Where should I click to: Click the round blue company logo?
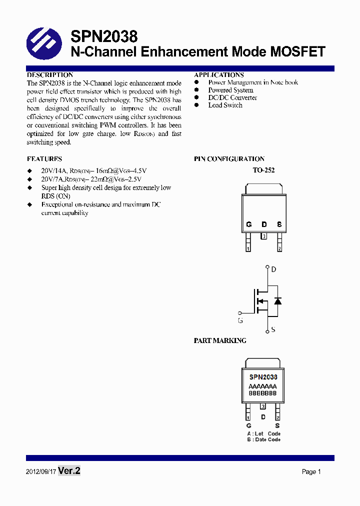click(43, 43)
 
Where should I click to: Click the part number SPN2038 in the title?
click(104, 36)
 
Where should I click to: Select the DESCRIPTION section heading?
click(50, 75)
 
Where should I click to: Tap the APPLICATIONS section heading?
click(219, 75)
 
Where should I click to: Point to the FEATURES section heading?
click(44, 159)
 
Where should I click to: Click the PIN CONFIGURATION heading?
click(229, 159)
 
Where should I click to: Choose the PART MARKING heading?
click(220, 340)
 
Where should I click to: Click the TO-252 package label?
click(263, 170)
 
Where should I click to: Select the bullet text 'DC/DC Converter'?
click(225, 97)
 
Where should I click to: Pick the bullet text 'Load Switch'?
click(225, 105)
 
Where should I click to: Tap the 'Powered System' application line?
click(230, 90)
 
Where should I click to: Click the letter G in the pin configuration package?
click(248, 224)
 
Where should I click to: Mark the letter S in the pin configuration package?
click(279, 224)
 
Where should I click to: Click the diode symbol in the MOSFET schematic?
click(277, 301)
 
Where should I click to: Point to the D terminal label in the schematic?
click(273, 269)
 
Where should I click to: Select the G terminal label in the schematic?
click(240, 320)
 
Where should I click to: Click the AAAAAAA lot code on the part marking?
click(262, 386)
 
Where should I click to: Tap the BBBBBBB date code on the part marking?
click(262, 393)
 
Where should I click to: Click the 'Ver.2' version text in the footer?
click(69, 471)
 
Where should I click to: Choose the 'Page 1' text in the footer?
click(311, 471)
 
